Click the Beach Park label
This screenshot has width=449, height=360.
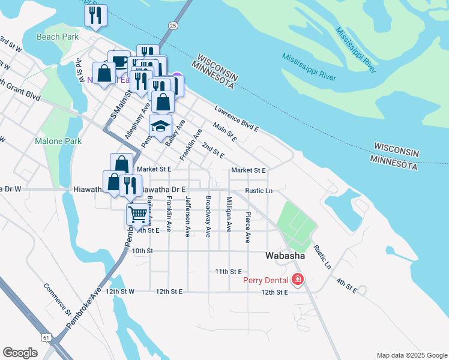pyautogui.click(x=57, y=37)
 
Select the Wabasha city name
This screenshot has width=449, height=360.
pyautogui.click(x=286, y=256)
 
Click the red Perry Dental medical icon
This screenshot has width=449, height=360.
pyautogui.click(x=297, y=280)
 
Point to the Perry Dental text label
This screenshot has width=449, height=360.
pyautogui.click(x=266, y=280)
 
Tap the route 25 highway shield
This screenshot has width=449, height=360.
pyautogui.click(x=173, y=26)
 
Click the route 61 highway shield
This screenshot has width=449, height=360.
pyautogui.click(x=46, y=338)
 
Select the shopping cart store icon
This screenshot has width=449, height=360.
pyautogui.click(x=137, y=213)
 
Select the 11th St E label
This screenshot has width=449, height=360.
pyautogui.click(x=228, y=272)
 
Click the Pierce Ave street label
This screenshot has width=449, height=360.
pyautogui.click(x=247, y=226)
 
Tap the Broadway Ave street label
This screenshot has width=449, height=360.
pyautogui.click(x=208, y=214)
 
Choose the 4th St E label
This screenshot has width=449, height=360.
pyautogui.click(x=346, y=286)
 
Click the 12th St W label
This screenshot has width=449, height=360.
pyautogui.click(x=119, y=291)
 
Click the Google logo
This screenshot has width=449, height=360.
pyautogui.click(x=20, y=353)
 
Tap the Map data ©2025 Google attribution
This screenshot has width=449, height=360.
pyautogui.click(x=411, y=355)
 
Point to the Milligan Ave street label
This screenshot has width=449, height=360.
pyautogui.click(x=228, y=214)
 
